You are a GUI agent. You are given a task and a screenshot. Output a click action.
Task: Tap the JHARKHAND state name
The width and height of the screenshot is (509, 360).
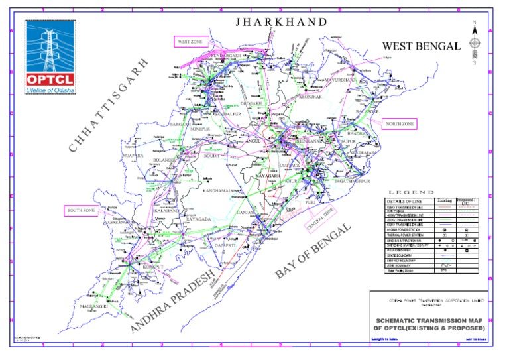click(x=282, y=22)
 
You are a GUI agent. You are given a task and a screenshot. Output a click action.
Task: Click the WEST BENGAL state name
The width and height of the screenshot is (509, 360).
click(x=420, y=46)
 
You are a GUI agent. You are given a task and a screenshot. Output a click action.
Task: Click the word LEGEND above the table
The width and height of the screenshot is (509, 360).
click(x=431, y=191)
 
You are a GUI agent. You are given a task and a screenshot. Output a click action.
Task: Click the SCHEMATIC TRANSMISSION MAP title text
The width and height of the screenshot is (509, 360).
click(x=429, y=321)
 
